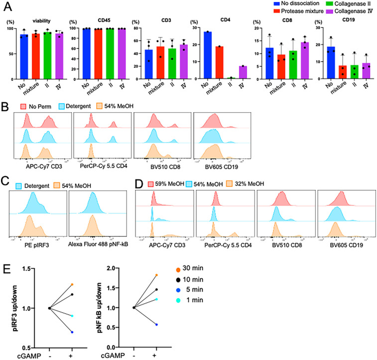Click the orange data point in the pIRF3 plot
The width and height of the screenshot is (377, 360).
click(x=72, y=284)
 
